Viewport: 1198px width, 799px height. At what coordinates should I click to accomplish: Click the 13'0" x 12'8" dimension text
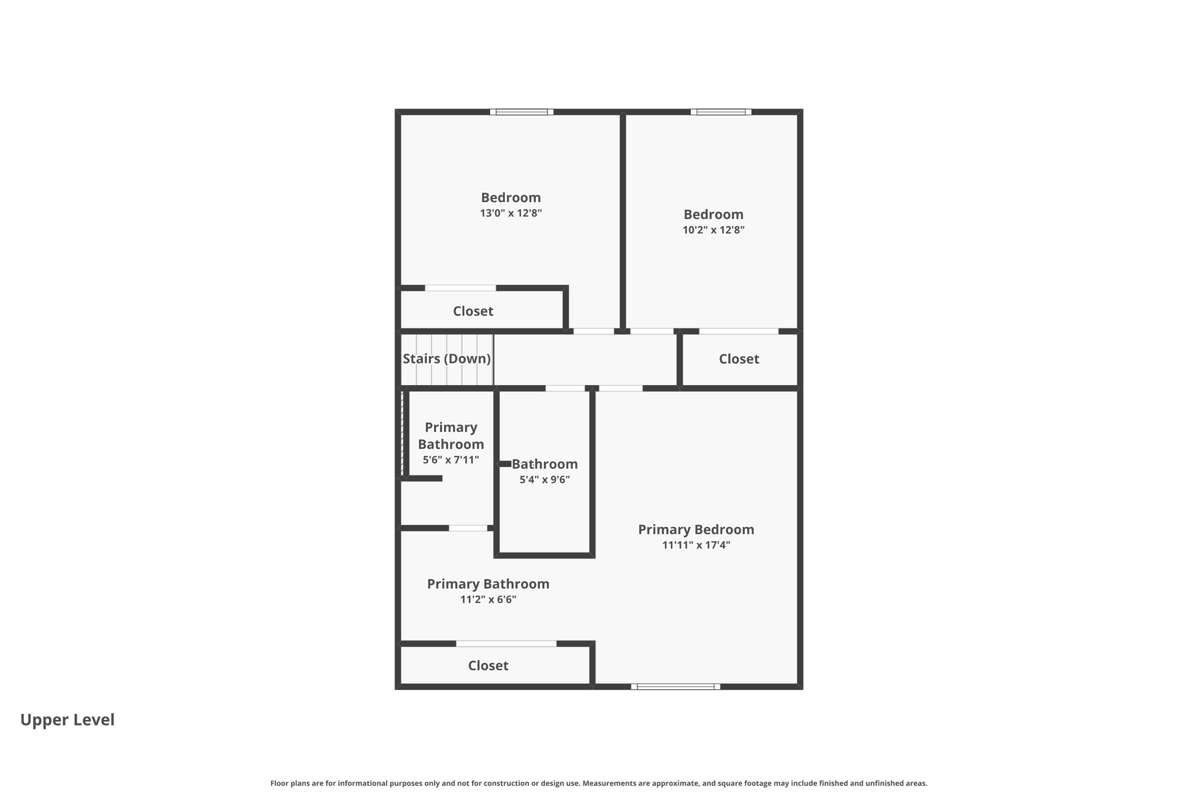(511, 213)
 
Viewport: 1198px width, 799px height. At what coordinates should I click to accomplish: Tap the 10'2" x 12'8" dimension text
(713, 230)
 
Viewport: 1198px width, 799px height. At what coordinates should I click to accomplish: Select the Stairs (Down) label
(447, 359)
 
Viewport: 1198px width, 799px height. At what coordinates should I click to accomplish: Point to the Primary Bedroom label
(696, 530)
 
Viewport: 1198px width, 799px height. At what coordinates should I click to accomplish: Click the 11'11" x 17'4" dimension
(696, 546)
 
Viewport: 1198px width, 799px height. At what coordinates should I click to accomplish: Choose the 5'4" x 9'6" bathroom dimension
(545, 480)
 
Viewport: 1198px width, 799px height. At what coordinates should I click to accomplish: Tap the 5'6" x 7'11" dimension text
(451, 460)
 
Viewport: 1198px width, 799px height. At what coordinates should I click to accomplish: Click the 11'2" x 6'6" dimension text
(488, 599)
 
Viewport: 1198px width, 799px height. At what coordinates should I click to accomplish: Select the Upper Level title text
(67, 720)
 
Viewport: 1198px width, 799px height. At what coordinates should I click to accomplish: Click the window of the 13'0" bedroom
(522, 112)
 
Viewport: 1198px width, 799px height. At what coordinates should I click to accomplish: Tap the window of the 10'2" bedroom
(721, 112)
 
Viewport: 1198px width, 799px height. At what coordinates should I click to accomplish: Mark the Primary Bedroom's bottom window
(676, 687)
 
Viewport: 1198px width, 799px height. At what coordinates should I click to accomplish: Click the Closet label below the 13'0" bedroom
(473, 311)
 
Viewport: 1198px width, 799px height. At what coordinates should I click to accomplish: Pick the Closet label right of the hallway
(739, 359)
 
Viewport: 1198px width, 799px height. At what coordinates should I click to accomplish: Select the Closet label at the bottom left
(488, 666)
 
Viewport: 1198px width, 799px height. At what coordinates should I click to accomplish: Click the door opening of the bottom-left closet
(506, 644)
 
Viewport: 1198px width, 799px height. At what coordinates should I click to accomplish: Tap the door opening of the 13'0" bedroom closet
(460, 288)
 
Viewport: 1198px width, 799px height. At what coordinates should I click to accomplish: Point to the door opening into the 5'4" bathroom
(565, 388)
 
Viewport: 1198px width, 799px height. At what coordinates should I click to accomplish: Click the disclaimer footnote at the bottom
(598, 783)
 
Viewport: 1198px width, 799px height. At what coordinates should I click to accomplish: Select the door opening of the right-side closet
(739, 331)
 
